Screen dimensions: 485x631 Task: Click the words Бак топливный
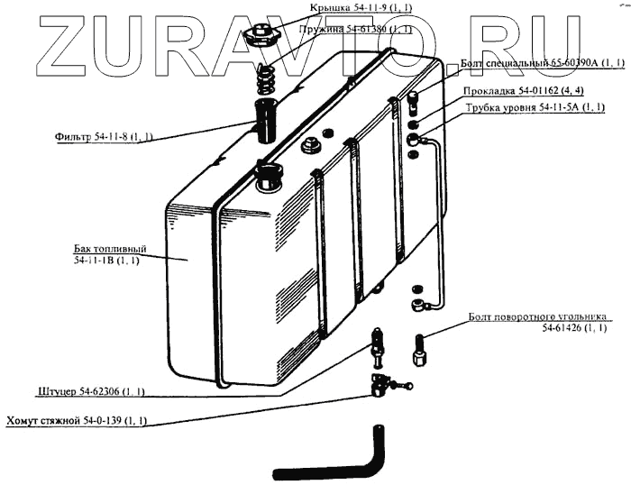tap(110, 248)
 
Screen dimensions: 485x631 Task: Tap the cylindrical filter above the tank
tap(268, 122)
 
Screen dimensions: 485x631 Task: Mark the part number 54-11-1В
tap(105, 261)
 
